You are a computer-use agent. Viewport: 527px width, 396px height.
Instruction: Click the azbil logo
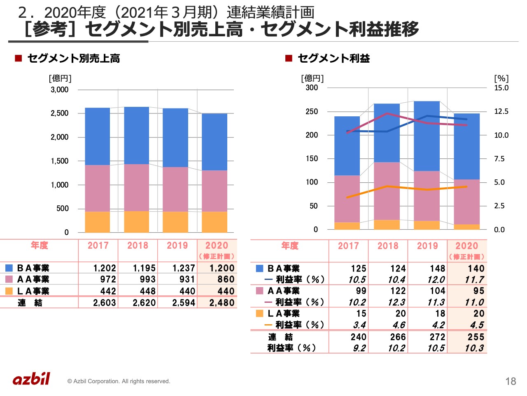(31, 379)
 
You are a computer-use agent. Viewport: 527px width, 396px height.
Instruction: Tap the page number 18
(511, 381)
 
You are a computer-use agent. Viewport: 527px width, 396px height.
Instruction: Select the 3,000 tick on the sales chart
(60, 90)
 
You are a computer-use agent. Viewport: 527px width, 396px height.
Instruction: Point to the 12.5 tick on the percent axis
(501, 111)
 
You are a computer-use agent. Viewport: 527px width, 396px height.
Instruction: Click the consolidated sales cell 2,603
(105, 303)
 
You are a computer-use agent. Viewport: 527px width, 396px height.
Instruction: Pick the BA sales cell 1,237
(184, 268)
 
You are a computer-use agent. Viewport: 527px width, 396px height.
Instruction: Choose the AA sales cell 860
(226, 279)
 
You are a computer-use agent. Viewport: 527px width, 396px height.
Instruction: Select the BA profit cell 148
(437, 269)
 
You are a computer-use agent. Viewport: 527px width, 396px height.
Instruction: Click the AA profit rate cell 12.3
(396, 302)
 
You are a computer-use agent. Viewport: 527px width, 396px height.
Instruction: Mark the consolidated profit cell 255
(476, 337)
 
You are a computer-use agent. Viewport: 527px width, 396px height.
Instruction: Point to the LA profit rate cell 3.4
(359, 325)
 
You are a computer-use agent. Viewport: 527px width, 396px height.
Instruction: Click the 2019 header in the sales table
(177, 245)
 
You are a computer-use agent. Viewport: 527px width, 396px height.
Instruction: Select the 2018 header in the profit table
(388, 246)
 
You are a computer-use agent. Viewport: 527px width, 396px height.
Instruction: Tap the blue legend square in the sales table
(9, 268)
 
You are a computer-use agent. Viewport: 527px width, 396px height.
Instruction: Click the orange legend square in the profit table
(259, 313)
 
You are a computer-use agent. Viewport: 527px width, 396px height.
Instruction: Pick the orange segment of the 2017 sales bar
(98, 222)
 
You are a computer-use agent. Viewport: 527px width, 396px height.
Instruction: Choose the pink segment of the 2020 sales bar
(215, 191)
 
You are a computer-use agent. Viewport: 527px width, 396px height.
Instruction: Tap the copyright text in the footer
(119, 381)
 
